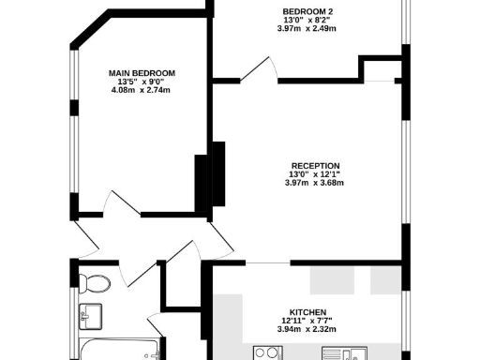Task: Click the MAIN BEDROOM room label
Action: (142, 73)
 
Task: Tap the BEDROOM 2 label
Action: (308, 11)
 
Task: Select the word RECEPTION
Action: (314, 165)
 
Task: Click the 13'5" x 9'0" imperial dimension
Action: (142, 82)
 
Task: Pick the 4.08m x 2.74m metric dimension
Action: (142, 91)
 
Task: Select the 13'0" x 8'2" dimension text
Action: (308, 20)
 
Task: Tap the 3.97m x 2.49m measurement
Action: (308, 29)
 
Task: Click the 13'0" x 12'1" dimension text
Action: (314, 173)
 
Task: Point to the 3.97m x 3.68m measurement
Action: (314, 183)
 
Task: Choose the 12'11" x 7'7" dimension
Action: (307, 322)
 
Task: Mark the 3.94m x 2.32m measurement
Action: (307, 330)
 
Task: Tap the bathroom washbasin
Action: (91, 313)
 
